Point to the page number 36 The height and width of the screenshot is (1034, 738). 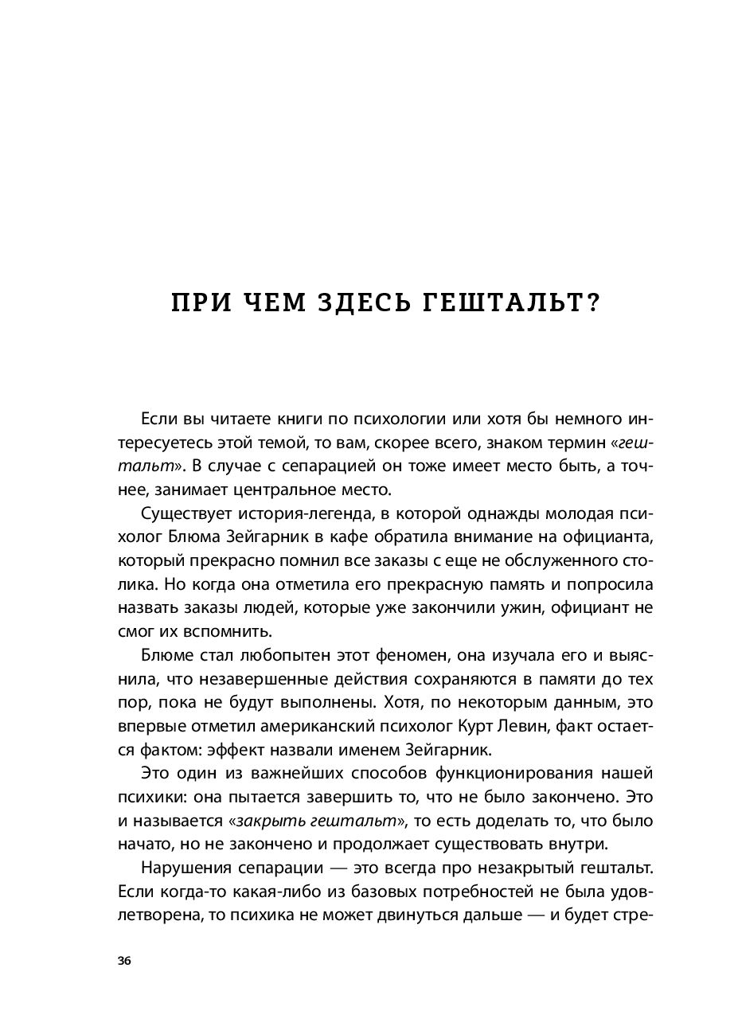[123, 961]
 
